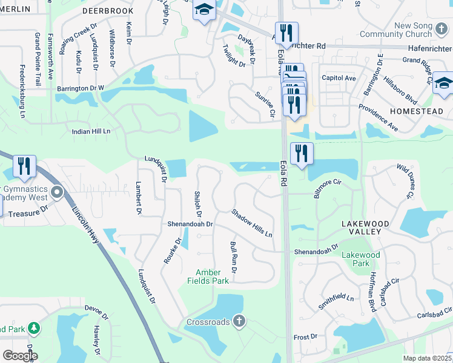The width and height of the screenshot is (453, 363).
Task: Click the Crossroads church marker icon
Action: click(x=239, y=321)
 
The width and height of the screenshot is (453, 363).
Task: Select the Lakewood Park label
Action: click(x=360, y=259)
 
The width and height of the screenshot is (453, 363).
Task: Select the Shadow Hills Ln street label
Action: click(x=251, y=223)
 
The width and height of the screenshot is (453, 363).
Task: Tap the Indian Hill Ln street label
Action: click(x=91, y=131)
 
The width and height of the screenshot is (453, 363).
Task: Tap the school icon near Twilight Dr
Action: click(x=204, y=11)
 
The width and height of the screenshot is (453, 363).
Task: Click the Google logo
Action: click(x=19, y=356)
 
